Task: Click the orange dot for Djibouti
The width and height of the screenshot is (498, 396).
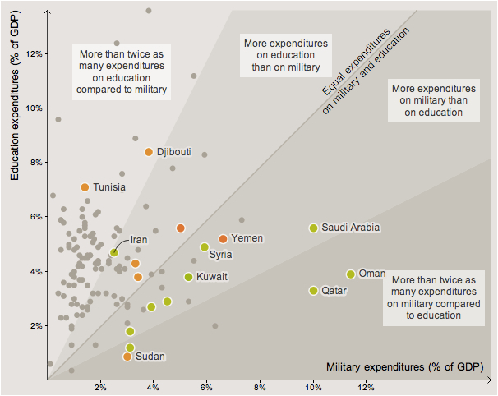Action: pos(149,152)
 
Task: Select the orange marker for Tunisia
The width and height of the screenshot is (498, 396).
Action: pos(85,187)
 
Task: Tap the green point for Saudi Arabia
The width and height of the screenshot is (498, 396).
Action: pos(313,228)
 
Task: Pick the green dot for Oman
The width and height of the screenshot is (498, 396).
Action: pos(351,274)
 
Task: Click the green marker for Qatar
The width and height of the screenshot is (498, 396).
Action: pos(313,290)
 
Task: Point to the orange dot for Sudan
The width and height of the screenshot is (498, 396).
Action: pos(127,357)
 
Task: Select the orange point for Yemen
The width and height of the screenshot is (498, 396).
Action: pos(223,238)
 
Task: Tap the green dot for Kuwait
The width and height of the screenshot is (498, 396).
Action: pos(189,277)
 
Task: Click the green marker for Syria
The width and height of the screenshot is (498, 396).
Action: pos(205,247)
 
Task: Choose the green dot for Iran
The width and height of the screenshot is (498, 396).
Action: pos(114,253)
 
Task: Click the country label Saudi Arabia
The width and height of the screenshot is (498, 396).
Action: pos(350,228)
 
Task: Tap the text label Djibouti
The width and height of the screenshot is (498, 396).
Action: pos(173,152)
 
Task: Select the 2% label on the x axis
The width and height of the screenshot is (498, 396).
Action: pos(101,387)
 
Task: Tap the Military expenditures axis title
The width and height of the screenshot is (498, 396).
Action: pos(399,366)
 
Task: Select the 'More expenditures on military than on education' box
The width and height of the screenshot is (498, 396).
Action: pos(433,99)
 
